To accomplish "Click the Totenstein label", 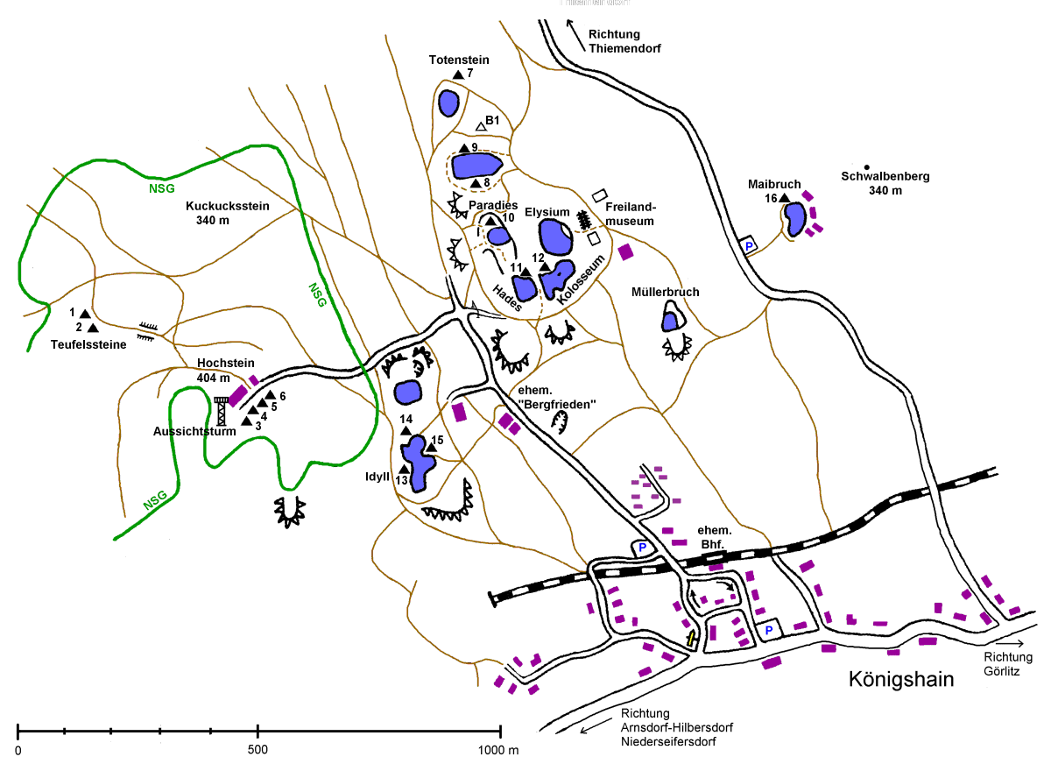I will (459, 60).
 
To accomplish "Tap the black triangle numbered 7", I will (457, 75).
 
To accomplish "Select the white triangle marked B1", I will (481, 126).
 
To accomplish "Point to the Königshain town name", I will (900, 679).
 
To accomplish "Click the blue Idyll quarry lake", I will (418, 464).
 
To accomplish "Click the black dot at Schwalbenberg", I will (866, 166).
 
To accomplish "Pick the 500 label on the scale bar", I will (257, 751).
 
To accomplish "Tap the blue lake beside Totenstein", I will (448, 103).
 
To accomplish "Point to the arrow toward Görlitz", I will (1006, 642).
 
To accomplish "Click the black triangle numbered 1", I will (84, 313).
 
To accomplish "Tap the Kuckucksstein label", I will (227, 207).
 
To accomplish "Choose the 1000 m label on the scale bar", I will (499, 751).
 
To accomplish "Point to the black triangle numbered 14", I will (406, 432).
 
